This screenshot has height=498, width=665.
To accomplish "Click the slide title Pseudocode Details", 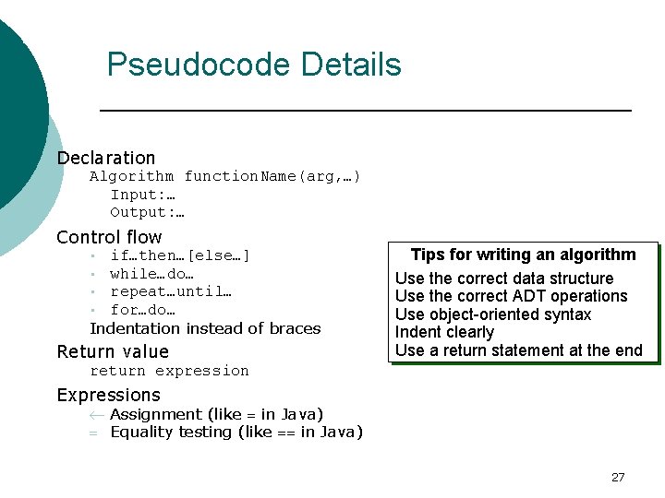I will (254, 65).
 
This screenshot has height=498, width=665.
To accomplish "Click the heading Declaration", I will (105, 158).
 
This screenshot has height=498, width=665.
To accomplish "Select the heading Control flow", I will (109, 237).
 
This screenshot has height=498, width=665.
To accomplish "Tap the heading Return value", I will (113, 351).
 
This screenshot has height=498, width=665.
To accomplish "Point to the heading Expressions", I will (108, 395).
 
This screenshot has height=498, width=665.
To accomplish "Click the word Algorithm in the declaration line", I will (131, 176).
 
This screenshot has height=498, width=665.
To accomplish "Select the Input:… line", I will (143, 195).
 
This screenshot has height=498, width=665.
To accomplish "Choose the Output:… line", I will (148, 212).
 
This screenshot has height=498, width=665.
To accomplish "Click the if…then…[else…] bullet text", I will (180, 255).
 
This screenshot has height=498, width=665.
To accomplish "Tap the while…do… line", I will (151, 274).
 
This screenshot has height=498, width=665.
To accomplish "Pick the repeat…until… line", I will (171, 291).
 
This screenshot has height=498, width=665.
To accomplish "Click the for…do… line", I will (142, 310).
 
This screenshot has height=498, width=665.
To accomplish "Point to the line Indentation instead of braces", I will (205, 328).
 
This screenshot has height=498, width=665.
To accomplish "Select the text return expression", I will (169, 371).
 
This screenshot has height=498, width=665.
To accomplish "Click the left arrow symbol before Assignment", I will (94, 415).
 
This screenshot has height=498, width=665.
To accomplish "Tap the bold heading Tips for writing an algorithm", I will (523, 255).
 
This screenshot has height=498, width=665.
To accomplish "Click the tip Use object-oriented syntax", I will (493, 314).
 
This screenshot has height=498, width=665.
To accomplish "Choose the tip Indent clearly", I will (444, 332).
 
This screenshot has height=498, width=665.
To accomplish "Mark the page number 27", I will (618, 477).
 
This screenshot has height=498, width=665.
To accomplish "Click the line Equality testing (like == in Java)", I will (236, 432).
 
